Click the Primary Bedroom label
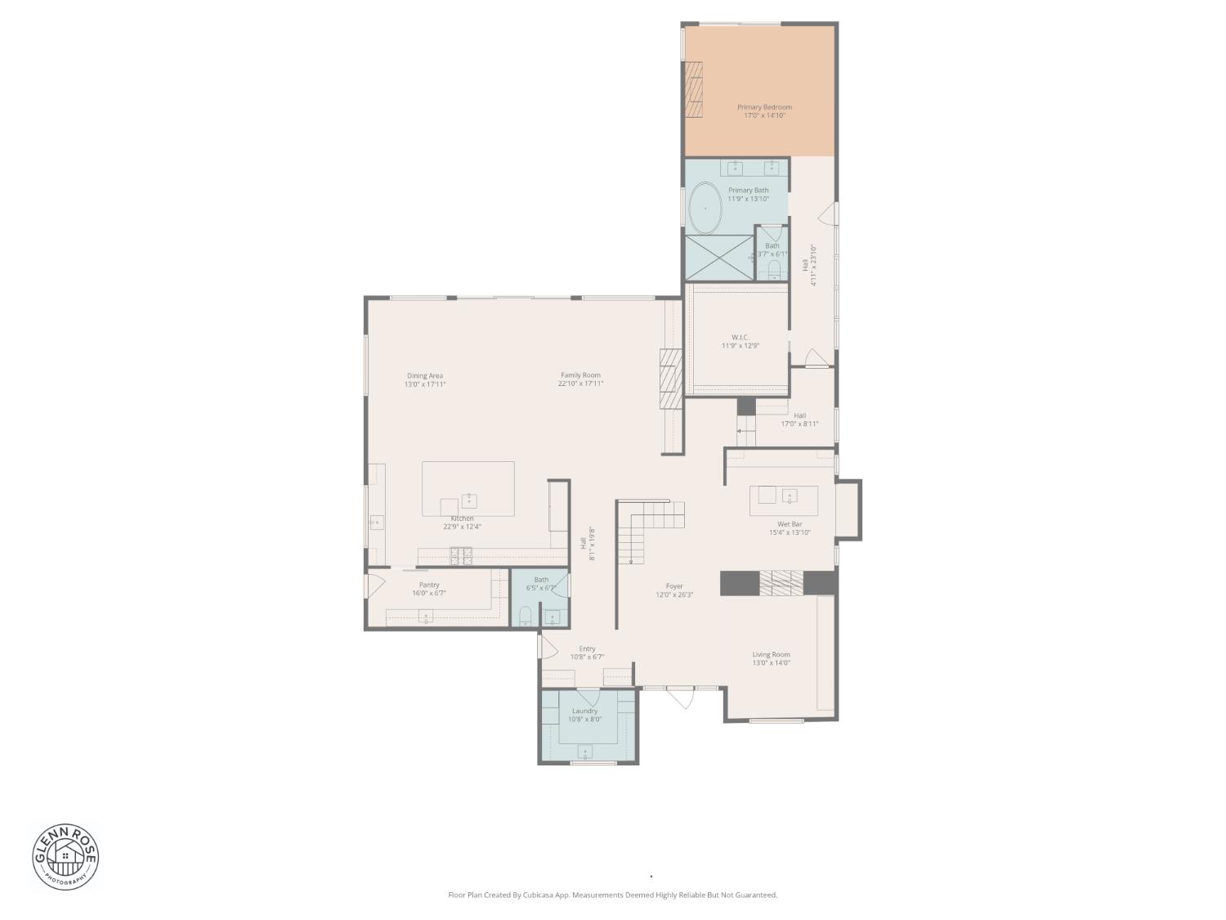764,107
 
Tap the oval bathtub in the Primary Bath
705,209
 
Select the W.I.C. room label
740,337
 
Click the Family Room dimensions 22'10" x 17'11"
580,384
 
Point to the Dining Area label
425,376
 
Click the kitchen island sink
469,500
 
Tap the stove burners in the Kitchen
461,556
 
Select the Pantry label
429,585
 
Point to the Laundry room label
584,711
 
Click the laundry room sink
585,752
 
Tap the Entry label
587,648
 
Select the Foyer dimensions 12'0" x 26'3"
674,595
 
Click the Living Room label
771,654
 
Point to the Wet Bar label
790,524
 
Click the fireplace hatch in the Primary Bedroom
694,91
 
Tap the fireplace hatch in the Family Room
670,379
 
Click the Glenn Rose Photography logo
65,856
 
